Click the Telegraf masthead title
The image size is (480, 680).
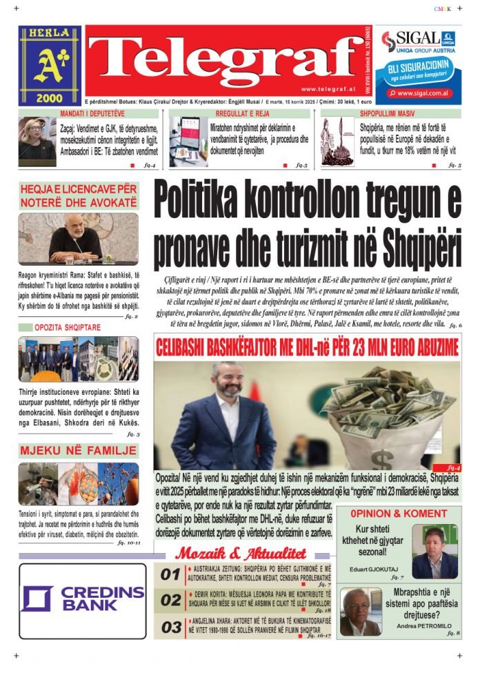point(222,60)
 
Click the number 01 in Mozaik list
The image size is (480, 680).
point(170,574)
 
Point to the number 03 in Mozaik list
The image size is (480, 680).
point(170,628)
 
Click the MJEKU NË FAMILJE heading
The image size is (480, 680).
point(78,451)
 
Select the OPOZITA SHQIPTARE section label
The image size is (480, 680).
point(68,327)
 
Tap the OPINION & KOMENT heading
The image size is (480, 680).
point(398,514)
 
